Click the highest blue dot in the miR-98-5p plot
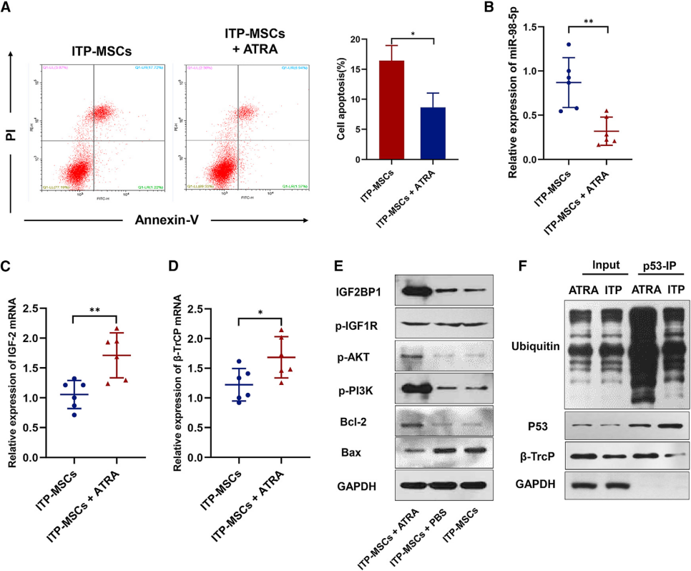coord(569,45)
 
